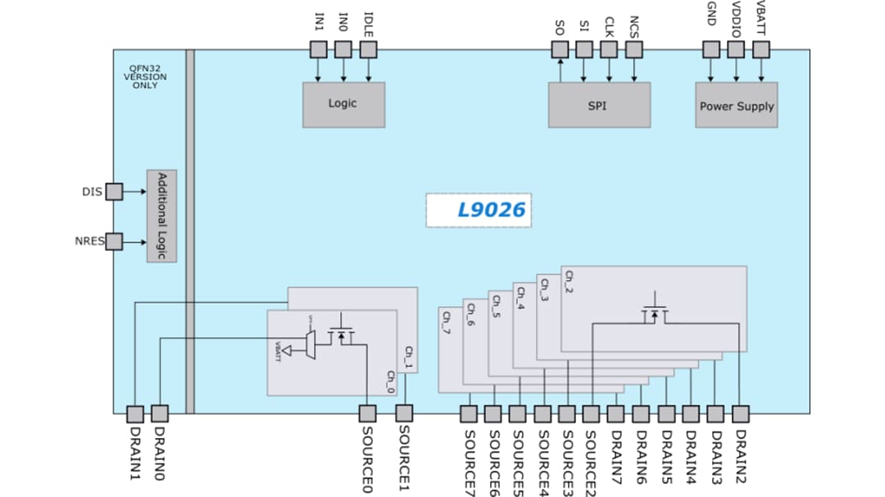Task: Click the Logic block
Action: point(343,104)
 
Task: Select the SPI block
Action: point(599,105)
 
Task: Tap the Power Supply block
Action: point(736,105)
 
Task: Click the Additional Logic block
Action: point(161,217)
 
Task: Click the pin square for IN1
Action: point(319,50)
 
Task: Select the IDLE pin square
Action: point(368,50)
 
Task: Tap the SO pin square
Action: point(559,50)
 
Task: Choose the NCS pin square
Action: point(633,50)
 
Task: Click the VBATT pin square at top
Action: point(761,50)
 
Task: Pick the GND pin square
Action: point(711,50)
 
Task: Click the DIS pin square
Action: point(114,192)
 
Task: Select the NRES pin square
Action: point(114,242)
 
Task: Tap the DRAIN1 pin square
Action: point(135,414)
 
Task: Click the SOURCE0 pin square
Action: point(368,414)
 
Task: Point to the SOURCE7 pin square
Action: point(469,414)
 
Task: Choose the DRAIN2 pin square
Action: point(740,414)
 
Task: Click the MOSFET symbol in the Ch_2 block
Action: point(654,312)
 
